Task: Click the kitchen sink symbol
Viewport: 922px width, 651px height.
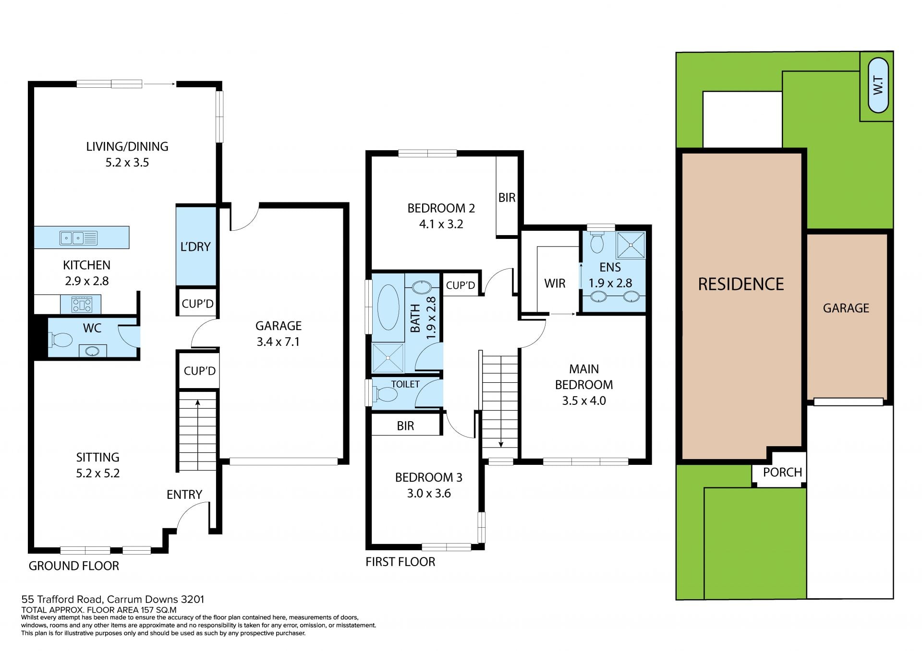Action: click(79, 237)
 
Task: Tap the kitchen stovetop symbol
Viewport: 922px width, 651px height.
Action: click(82, 304)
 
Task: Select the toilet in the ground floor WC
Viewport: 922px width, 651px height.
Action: click(61, 340)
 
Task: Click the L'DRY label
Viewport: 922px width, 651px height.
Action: click(195, 247)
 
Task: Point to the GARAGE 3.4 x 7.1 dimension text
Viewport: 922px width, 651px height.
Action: click(278, 342)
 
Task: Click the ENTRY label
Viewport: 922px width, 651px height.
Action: click(184, 495)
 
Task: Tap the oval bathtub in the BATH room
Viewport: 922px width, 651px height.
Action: click(388, 307)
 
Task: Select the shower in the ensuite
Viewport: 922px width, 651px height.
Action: click(631, 245)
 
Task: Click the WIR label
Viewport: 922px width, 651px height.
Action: click(555, 284)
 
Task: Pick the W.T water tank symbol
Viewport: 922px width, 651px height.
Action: click(878, 85)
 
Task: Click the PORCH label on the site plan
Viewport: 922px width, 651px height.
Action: click(782, 473)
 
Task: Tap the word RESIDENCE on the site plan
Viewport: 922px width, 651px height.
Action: click(740, 284)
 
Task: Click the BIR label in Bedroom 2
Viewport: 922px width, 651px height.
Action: click(507, 198)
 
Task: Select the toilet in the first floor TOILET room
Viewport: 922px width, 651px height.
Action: click(385, 394)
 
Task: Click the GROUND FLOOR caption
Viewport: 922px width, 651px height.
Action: click(74, 566)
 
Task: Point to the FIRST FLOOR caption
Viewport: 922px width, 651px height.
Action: click(400, 562)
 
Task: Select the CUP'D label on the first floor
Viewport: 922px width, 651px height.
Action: click(461, 285)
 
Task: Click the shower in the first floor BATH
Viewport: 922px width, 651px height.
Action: click(388, 357)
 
